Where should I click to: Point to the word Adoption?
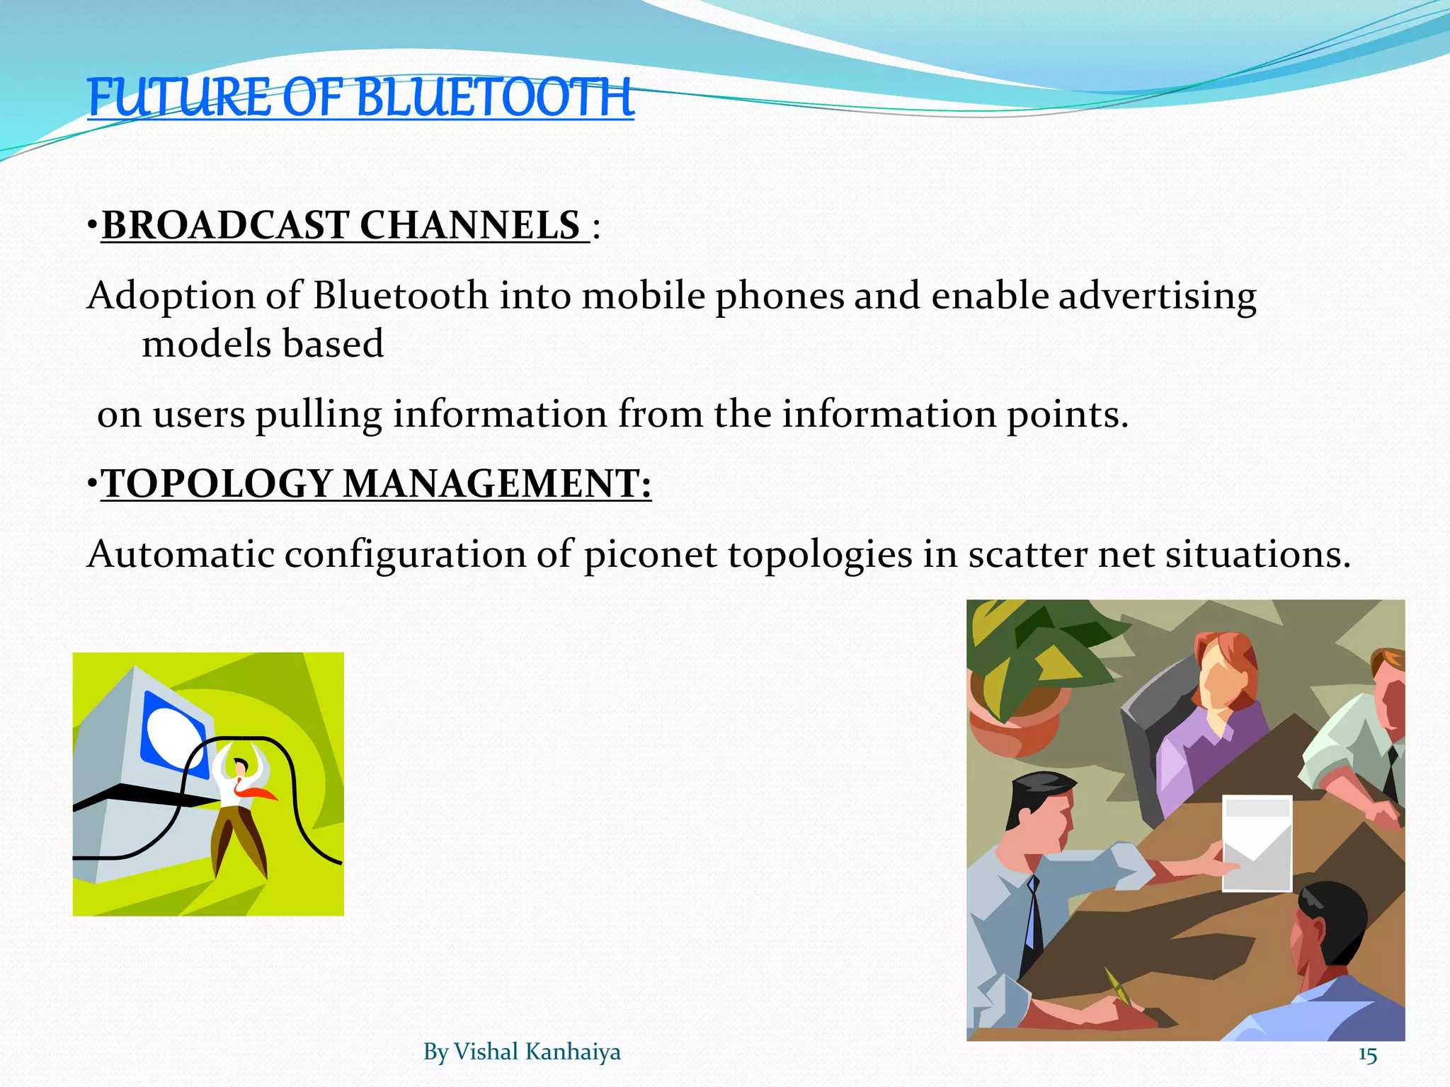(x=171, y=296)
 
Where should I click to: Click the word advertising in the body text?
(x=1157, y=296)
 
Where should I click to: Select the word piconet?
(x=650, y=554)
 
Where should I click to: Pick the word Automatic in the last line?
(x=181, y=554)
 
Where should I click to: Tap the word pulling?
(x=319, y=415)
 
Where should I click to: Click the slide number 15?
(x=1367, y=1055)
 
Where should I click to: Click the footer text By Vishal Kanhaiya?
(x=522, y=1052)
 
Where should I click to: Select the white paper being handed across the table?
(x=1257, y=842)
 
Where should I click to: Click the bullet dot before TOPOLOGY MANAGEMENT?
(x=92, y=485)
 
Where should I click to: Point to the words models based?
(x=263, y=345)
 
